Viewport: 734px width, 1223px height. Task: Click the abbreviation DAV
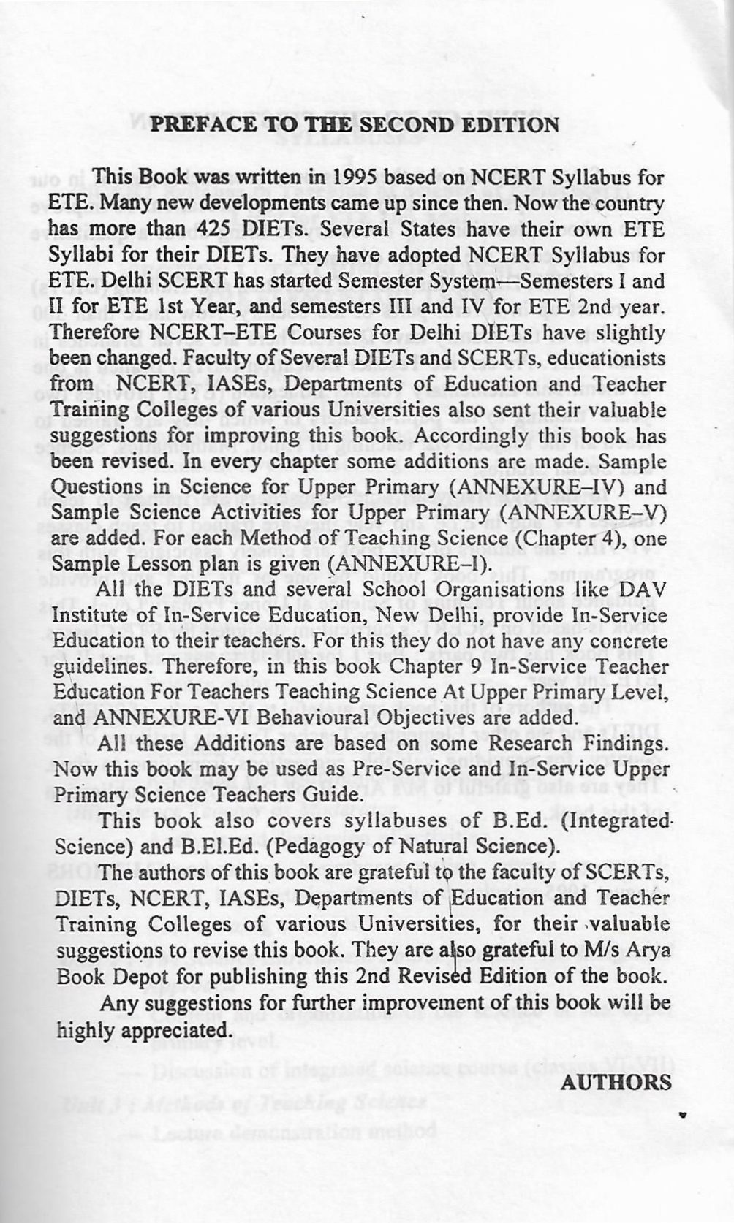click(x=643, y=590)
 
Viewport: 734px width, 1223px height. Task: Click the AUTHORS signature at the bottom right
click(x=616, y=1082)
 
